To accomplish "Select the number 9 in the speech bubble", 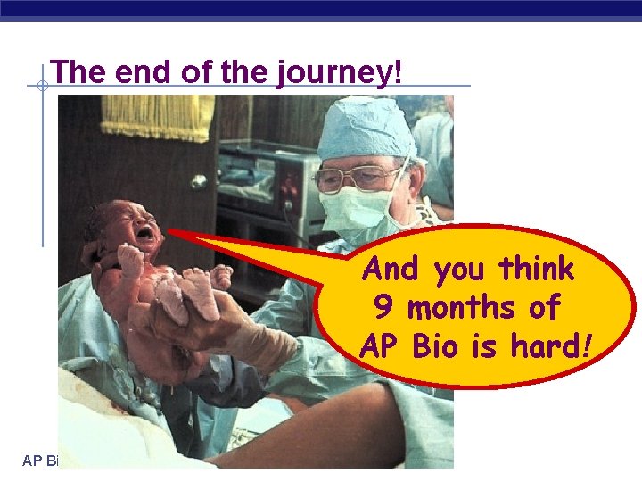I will coord(383,308).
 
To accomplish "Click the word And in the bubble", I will coord(393,268).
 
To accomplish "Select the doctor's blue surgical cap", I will coord(366,129).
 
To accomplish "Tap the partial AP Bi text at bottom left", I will coord(40,461).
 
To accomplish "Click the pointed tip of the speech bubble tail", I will coord(169,232).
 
